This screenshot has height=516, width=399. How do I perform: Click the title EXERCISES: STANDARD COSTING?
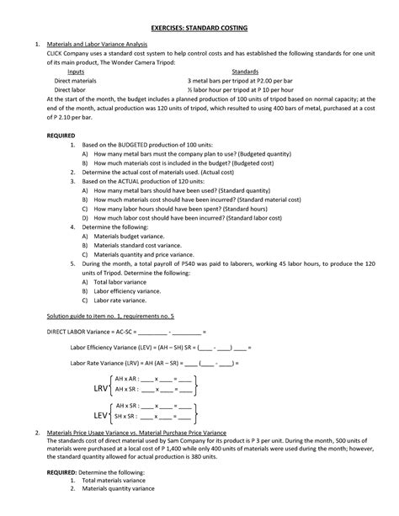point(199,27)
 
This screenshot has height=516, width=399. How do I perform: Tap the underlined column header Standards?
point(245,73)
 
